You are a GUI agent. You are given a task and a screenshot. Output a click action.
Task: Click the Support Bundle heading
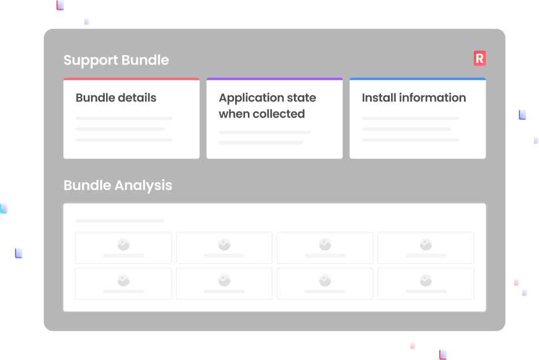[116, 60]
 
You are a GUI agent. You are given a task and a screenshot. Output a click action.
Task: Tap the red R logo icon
[480, 58]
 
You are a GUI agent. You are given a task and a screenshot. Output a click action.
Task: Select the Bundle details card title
[116, 97]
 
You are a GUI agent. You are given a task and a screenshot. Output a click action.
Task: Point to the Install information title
[413, 97]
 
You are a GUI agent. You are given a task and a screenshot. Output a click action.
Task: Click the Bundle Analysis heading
[118, 185]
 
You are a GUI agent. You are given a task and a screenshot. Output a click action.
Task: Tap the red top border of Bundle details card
[131, 79]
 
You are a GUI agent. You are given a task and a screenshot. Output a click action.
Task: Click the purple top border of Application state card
[274, 79]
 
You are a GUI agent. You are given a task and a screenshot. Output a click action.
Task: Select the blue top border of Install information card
[417, 79]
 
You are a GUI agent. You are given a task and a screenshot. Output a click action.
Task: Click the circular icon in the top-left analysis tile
[123, 245]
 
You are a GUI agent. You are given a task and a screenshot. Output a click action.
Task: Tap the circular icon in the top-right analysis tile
[425, 245]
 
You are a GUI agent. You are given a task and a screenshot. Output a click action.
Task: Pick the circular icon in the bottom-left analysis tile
[123, 280]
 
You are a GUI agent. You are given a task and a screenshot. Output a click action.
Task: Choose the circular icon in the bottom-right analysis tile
[425, 280]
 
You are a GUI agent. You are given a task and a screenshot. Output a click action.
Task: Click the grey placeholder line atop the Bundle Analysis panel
[120, 221]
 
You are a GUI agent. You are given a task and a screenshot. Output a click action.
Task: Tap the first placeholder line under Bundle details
[124, 118]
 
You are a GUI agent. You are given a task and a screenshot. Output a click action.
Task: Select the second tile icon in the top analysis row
[224, 245]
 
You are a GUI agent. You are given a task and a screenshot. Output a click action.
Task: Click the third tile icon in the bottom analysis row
[325, 280]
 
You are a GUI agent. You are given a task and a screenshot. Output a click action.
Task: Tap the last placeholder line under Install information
[410, 140]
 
